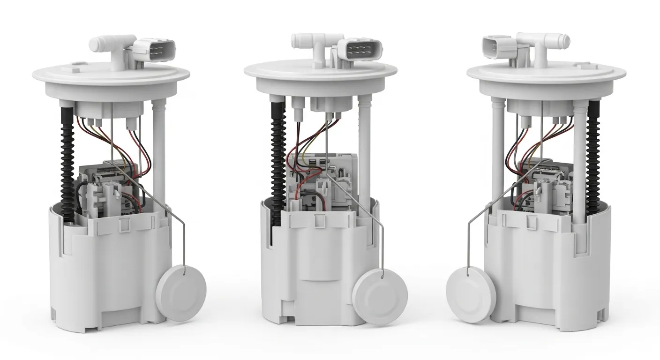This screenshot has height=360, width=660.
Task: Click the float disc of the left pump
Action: click(181, 292)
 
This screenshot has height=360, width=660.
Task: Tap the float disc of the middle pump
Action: click(380, 296)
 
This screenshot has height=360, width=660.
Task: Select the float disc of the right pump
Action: click(470, 294)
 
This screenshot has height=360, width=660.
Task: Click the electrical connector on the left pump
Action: click(154, 49)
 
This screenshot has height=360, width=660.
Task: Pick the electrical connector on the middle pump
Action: click(360, 49)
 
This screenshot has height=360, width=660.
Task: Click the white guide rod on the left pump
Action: click(159, 150)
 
